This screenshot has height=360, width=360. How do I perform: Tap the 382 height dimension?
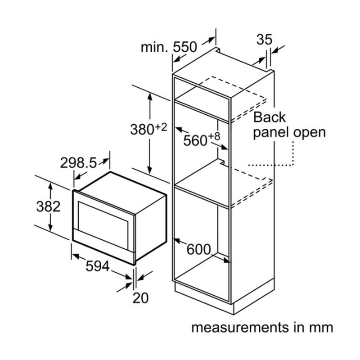click(48, 206)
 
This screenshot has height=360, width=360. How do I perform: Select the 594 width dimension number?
click(97, 266)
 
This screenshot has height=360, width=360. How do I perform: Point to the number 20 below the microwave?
click(140, 297)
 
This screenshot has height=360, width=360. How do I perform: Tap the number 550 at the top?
click(185, 46)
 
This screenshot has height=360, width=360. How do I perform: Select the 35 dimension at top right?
click(264, 40)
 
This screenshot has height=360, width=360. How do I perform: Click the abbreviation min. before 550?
click(153, 46)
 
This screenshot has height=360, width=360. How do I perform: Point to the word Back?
click(270, 117)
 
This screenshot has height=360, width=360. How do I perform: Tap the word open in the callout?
click(309, 132)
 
